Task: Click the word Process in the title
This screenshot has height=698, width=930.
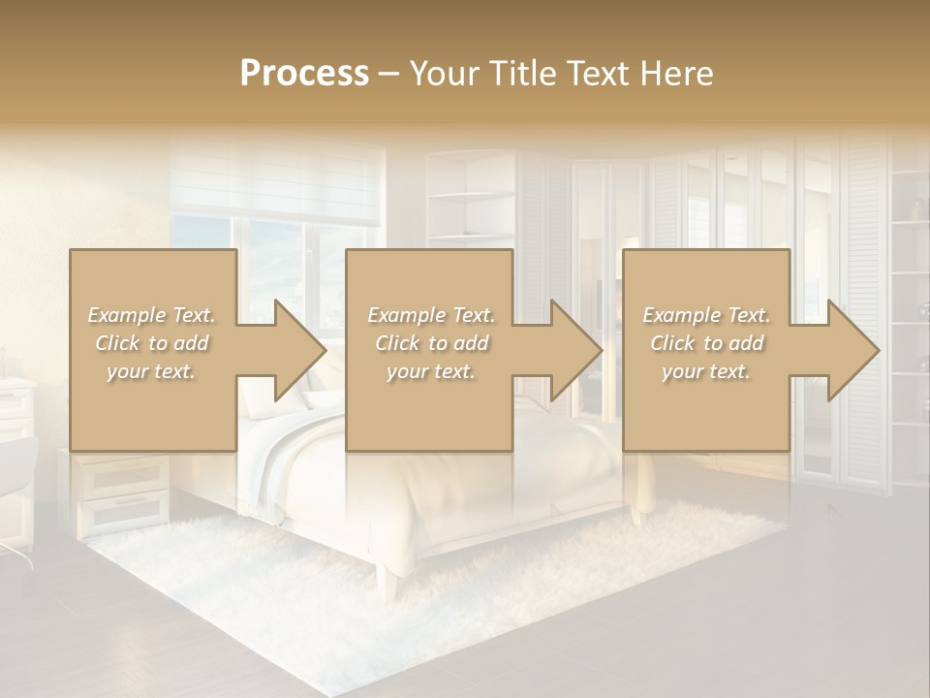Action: click(304, 74)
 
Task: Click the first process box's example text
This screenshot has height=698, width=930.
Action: click(152, 343)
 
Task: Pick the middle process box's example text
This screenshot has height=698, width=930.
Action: click(430, 343)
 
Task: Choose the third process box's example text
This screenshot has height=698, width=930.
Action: click(706, 343)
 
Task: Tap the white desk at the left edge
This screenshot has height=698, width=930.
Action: click(17, 397)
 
